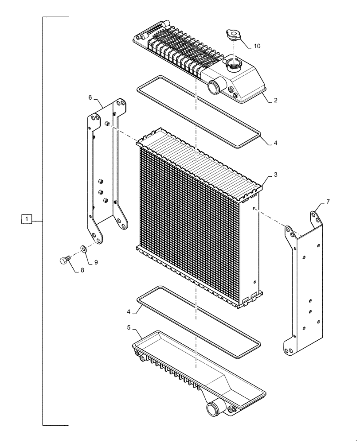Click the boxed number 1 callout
coord(27,219)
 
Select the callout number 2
coord(275,101)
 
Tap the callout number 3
coord(275,175)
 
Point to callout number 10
coord(258,46)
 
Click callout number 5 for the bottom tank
coord(129,328)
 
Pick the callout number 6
coord(90,97)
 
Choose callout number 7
coord(328,202)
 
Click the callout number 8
coord(82,271)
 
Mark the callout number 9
coord(96,262)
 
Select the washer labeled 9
coord(83,249)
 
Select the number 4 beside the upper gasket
coord(275,143)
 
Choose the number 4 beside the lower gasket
coord(129,311)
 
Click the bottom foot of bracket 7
coord(289,349)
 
